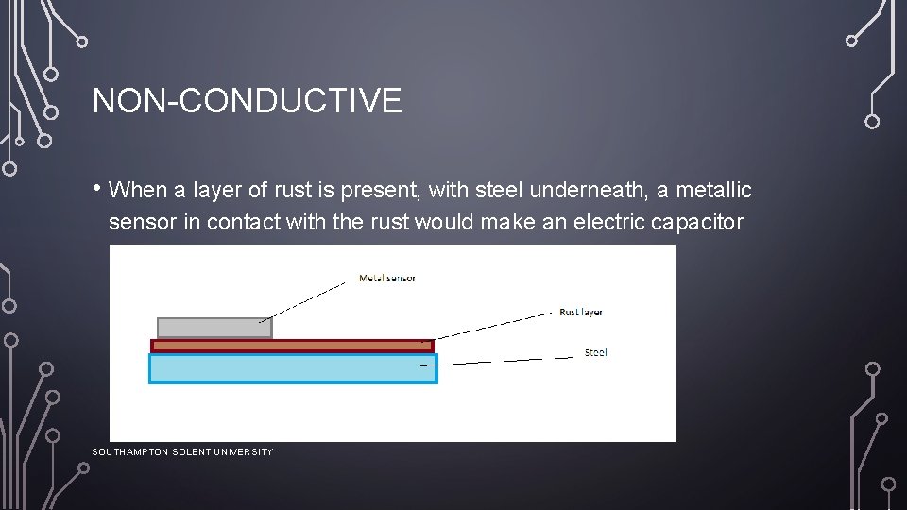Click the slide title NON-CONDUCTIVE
pyautogui.click(x=247, y=100)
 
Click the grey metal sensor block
pyautogui.click(x=214, y=328)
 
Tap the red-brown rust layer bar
pyautogui.click(x=292, y=346)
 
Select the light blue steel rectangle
pyautogui.click(x=293, y=367)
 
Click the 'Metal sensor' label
pyautogui.click(x=386, y=278)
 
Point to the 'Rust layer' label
pyautogui.click(x=580, y=312)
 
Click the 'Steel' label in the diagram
pyautogui.click(x=595, y=352)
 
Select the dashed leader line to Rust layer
pyautogui.click(x=491, y=325)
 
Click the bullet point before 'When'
pyautogui.click(x=97, y=188)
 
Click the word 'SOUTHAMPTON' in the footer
pyautogui.click(x=130, y=452)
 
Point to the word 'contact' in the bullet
pyautogui.click(x=240, y=224)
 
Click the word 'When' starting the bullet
pyautogui.click(x=138, y=191)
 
